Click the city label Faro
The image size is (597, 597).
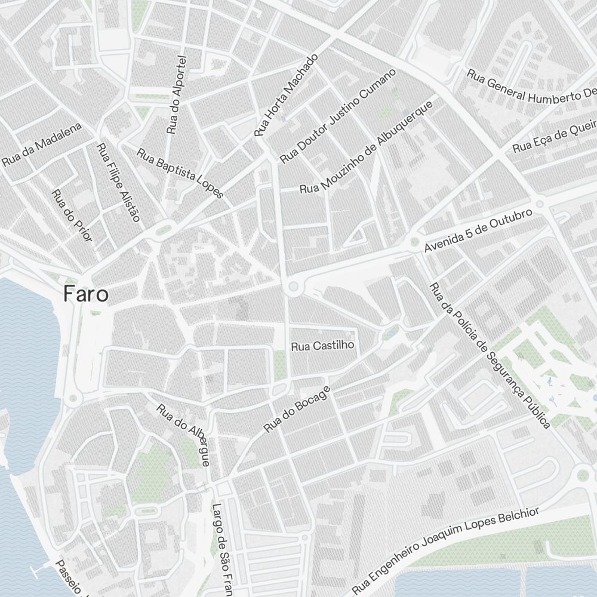pyautogui.click(x=87, y=294)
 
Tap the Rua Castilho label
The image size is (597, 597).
pyautogui.click(x=322, y=346)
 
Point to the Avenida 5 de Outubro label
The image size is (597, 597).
pyautogui.click(x=478, y=230)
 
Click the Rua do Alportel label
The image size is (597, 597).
pyautogui.click(x=178, y=95)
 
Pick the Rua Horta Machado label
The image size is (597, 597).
pyautogui.click(x=287, y=94)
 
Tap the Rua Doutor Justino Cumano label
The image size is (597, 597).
pyautogui.click(x=338, y=116)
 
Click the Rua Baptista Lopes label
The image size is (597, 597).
pyautogui.click(x=180, y=173)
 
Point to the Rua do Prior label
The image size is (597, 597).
pyautogui.click(x=72, y=216)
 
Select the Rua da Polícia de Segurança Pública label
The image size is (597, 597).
pyautogui.click(x=490, y=355)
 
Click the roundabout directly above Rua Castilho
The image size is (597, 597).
pyautogui.click(x=293, y=288)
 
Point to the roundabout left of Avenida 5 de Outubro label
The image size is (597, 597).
pyautogui.click(x=413, y=242)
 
